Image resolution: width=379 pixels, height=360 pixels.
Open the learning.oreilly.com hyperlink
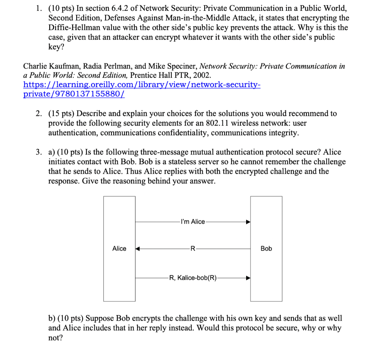[142, 85]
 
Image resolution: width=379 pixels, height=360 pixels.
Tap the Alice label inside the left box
[119, 249]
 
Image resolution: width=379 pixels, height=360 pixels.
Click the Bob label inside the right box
[266, 249]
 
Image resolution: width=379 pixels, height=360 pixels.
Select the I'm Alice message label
[193, 221]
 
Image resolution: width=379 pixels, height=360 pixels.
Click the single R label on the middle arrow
[192, 249]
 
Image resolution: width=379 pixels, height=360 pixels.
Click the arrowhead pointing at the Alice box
[137, 249]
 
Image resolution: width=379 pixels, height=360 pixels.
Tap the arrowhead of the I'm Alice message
[248, 222]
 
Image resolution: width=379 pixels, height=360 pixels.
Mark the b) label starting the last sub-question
[52, 319]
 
